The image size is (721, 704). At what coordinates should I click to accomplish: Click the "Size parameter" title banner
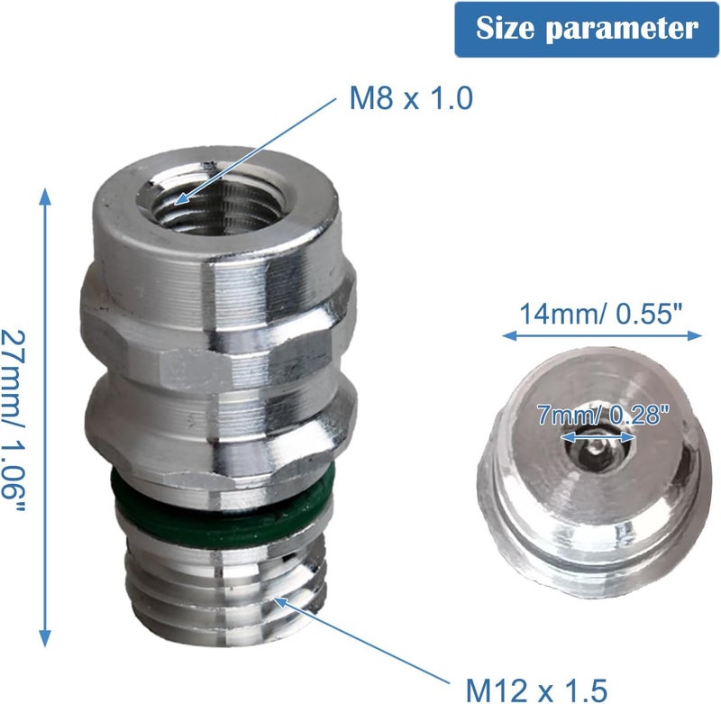[587, 30]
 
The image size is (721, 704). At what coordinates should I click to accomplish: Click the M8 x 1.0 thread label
[411, 97]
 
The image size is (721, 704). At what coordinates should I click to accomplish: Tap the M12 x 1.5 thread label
[536, 690]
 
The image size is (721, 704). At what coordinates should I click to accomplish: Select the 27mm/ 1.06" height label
[13, 420]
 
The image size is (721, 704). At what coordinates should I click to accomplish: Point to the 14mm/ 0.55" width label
[600, 314]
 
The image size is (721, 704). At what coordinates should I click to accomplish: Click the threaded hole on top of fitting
[215, 204]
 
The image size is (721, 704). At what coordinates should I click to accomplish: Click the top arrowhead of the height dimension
[44, 196]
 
